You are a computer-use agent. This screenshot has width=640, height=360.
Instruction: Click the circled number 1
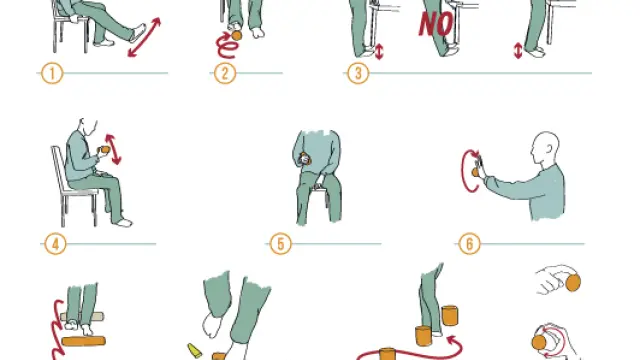pos(52,73)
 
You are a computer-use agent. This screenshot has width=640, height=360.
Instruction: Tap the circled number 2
pos(225,73)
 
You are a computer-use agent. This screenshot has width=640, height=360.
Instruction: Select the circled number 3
pos(358,73)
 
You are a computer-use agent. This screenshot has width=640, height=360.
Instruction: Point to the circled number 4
pos(55,244)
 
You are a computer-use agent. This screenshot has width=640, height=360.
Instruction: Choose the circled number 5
pos(281,244)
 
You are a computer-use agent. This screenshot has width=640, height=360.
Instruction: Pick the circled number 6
pos(469,244)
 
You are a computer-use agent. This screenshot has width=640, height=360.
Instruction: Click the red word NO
pos(436,24)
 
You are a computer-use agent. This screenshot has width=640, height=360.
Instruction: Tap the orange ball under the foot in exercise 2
pos(236,35)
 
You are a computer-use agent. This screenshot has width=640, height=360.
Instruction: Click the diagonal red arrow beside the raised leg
pos(144,37)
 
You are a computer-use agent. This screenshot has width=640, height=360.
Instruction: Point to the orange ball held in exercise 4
pos(105,149)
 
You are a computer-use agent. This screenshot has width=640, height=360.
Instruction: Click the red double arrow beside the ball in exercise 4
pos(113,149)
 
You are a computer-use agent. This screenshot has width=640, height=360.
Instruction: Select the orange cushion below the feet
pos(83,341)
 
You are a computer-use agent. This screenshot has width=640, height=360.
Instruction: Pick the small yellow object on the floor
pos(194,351)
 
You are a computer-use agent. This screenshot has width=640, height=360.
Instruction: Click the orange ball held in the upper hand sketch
pos(573,283)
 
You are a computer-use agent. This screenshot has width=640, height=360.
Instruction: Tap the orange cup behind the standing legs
pos(449,316)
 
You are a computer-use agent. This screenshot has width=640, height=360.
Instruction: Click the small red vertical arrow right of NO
pos(518,51)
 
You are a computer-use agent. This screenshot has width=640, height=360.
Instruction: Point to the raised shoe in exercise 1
pos(138,33)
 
